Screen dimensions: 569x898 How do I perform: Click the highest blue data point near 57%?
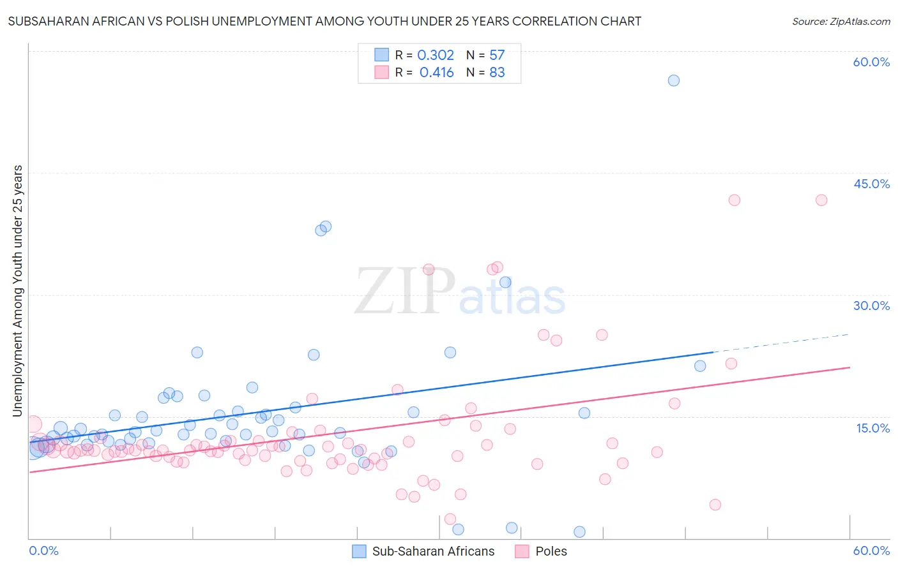coord(673,80)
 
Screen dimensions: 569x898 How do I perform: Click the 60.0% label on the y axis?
coord(871,62)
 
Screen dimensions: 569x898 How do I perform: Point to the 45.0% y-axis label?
coord(871,184)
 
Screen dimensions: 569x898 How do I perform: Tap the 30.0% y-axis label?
coord(871,306)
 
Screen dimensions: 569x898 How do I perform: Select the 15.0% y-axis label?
coord(872,428)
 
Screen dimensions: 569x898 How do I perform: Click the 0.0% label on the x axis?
coord(43,551)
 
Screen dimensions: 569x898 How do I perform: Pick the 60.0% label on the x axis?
coord(871,551)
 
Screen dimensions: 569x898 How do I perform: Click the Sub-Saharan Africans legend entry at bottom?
coord(433,551)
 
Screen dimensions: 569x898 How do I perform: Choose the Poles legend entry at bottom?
coord(551,551)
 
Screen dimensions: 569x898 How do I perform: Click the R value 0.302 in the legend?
coord(436,55)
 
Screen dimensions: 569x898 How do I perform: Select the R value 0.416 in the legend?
coord(437,73)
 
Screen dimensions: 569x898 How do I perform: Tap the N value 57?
coord(497,55)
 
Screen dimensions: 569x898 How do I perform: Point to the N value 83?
coord(497,73)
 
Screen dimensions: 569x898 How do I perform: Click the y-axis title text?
coord(17,291)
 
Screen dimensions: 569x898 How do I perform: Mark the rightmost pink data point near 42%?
coord(821,200)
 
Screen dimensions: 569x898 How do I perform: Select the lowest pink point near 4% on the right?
coord(715,505)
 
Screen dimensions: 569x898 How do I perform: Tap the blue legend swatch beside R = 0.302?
coord(381,55)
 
